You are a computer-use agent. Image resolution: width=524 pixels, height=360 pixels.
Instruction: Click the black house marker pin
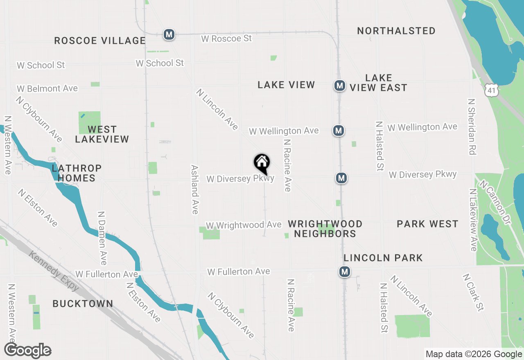[x=262, y=163]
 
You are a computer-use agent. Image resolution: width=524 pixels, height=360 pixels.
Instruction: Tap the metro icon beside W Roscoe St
[x=169, y=34]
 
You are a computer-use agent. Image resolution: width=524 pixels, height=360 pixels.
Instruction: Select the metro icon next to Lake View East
[x=339, y=85]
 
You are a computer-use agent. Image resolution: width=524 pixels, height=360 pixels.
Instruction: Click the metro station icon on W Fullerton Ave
[x=345, y=272]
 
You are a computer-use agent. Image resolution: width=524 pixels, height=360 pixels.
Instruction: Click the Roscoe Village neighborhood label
[x=100, y=40]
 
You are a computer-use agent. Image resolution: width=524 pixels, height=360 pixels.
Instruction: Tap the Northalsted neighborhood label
[x=396, y=31]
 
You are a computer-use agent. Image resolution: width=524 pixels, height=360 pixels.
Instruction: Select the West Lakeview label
[x=102, y=134]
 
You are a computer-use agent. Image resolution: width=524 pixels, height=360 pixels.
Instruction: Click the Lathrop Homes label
[x=77, y=173]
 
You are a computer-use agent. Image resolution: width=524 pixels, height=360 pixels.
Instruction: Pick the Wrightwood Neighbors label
[x=325, y=229]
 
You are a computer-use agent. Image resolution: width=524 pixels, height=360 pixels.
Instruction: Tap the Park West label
[x=427, y=224]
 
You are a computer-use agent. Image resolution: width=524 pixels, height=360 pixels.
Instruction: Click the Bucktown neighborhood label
[x=83, y=304]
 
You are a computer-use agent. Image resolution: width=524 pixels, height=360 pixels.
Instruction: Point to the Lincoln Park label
[x=383, y=258]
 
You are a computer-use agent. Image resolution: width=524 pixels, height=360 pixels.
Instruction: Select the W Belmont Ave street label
[x=47, y=88]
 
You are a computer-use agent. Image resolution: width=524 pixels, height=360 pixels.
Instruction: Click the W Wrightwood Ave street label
[x=244, y=225]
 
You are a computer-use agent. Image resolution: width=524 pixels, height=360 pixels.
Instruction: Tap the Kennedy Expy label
[x=54, y=271]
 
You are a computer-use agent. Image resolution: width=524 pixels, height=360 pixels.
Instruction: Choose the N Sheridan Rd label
[x=472, y=127]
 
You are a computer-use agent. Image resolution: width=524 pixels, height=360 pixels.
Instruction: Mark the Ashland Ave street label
[x=195, y=189]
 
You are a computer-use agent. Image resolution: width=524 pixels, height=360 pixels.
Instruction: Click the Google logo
[x=28, y=351]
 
